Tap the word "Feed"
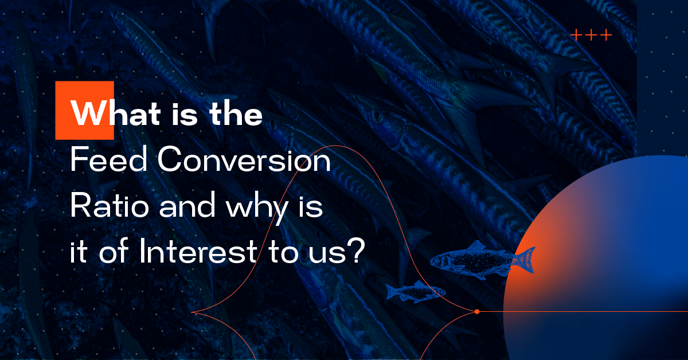click(109, 159)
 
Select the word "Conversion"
click(244, 159)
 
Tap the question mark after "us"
click(357, 251)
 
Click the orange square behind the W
click(84, 110)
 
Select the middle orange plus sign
click(591, 35)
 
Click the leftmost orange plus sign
click(576, 35)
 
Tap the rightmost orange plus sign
click(607, 35)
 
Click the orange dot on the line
click(477, 311)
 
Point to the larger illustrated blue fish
click(483, 260)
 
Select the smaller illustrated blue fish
click(416, 292)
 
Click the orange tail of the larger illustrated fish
click(524, 260)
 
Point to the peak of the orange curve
click(335, 146)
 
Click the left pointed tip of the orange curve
click(191, 312)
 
